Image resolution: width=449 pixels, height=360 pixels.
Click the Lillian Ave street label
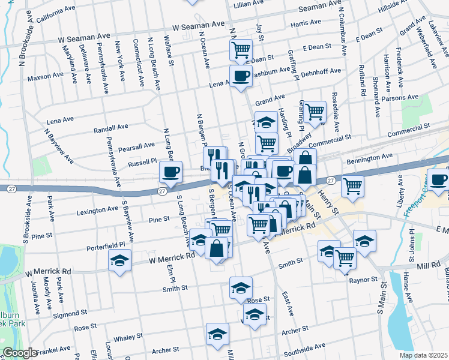[x=250, y=4]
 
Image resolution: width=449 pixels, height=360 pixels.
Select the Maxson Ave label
[x=46, y=77]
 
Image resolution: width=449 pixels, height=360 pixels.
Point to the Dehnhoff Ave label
[x=321, y=71]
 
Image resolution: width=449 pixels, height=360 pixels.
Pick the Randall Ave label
[x=112, y=128]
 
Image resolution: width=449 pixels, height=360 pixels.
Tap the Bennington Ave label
[x=370, y=158]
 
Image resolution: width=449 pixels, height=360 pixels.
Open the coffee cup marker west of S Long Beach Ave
[x=170, y=173]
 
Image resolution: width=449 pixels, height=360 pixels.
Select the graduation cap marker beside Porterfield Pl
[x=119, y=260]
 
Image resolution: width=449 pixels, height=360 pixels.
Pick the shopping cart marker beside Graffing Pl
[x=315, y=110]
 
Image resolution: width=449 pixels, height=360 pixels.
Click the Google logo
[x=20, y=353]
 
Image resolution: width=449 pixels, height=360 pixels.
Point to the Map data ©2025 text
[x=424, y=355]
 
